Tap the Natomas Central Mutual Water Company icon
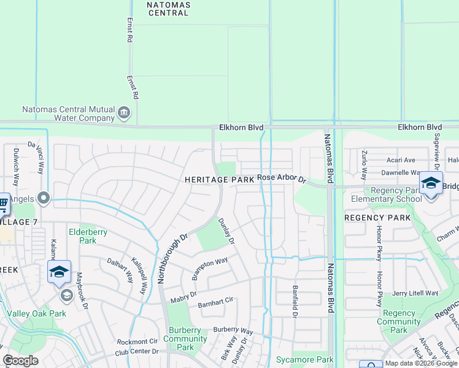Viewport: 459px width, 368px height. (x=124, y=112)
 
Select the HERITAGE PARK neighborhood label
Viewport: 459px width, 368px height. (x=219, y=180)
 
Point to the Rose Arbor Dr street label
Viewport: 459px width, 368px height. (x=281, y=178)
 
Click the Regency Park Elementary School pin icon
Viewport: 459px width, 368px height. (x=431, y=183)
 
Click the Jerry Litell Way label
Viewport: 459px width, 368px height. (x=415, y=294)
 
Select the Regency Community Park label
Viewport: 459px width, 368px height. (x=399, y=321)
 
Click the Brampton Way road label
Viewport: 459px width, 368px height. (x=209, y=269)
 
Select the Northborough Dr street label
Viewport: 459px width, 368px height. (x=172, y=257)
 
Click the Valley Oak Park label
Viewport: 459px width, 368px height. (x=36, y=313)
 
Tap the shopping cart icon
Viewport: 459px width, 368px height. (x=2, y=204)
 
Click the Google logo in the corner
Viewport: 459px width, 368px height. (x=21, y=361)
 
